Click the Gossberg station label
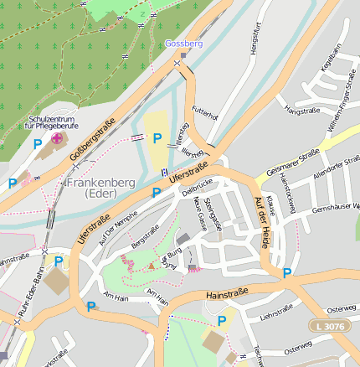click(x=184, y=43)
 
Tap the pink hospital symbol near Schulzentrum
click(x=57, y=138)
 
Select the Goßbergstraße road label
click(x=92, y=139)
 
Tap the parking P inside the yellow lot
click(x=157, y=138)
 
